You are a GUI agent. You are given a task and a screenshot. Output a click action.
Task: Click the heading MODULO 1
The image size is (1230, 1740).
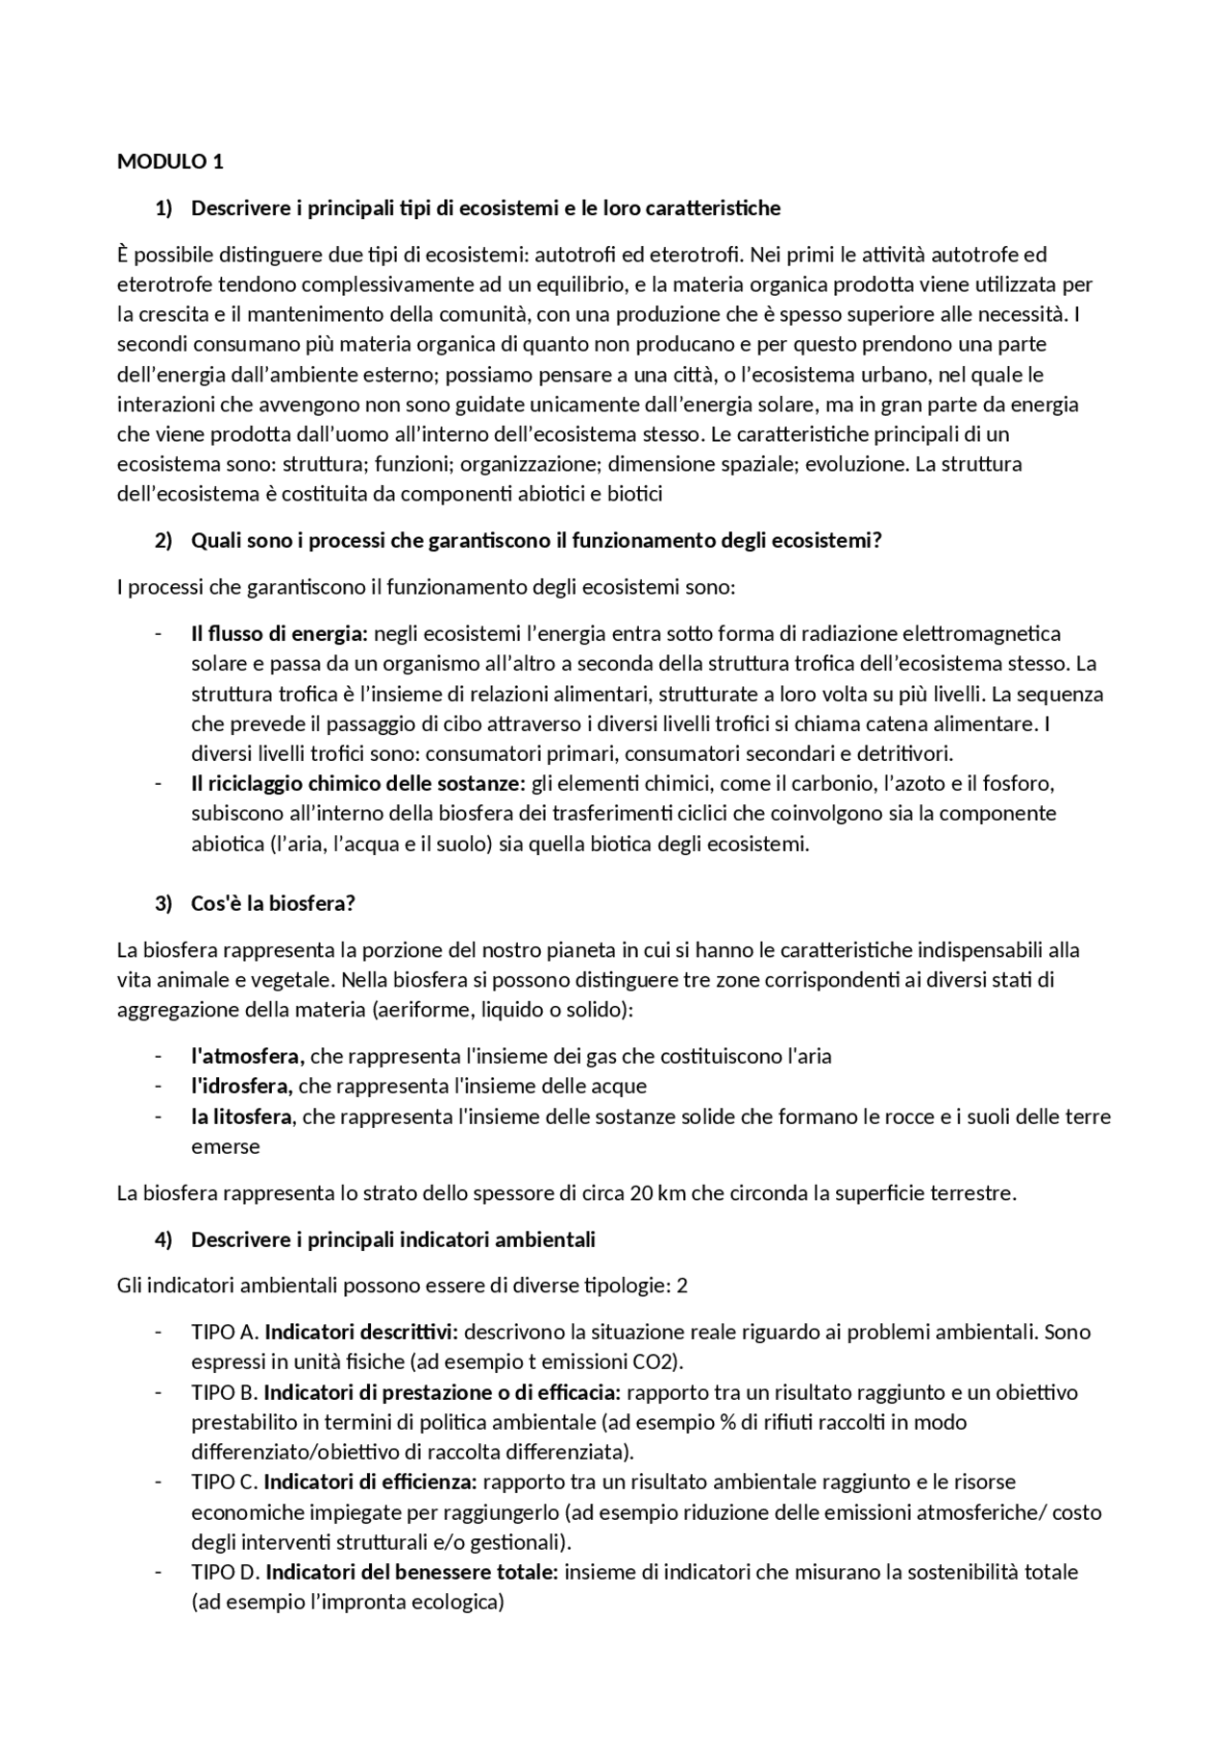click(170, 161)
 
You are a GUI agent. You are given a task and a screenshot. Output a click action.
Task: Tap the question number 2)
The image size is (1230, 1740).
click(163, 540)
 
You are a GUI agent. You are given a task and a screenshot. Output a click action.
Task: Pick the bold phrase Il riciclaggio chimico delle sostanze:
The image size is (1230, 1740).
click(358, 783)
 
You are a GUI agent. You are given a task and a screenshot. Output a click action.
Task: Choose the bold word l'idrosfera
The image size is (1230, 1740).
click(241, 1086)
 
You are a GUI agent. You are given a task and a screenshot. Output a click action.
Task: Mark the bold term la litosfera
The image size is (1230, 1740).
click(241, 1116)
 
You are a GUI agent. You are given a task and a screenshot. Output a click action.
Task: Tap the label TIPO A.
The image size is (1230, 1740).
click(225, 1332)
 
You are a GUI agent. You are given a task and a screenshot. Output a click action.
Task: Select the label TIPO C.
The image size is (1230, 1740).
click(225, 1482)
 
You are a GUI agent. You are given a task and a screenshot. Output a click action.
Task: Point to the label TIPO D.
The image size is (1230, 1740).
click(226, 1572)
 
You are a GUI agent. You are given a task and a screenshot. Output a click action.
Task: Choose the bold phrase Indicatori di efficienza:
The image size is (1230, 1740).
click(370, 1482)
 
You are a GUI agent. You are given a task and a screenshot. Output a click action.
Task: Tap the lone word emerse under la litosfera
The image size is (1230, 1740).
click(225, 1146)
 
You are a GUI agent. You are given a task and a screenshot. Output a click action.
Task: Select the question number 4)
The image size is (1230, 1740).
click(163, 1239)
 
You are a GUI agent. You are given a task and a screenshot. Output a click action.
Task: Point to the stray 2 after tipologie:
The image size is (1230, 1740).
click(682, 1286)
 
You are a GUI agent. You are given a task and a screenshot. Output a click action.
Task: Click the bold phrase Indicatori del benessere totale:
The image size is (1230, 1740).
click(412, 1572)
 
